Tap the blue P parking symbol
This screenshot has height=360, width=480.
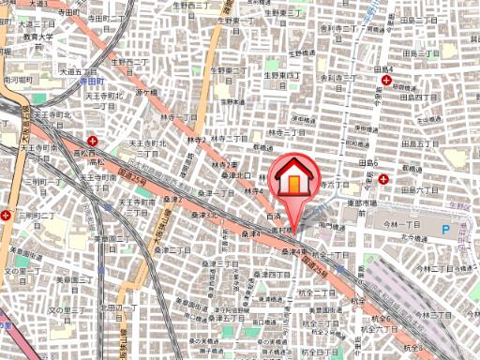point(446,228)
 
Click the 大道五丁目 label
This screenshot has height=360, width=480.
point(80,70)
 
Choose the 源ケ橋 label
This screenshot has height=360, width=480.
point(144,93)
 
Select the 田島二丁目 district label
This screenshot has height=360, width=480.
point(420,21)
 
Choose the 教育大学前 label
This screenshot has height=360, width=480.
point(38,38)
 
